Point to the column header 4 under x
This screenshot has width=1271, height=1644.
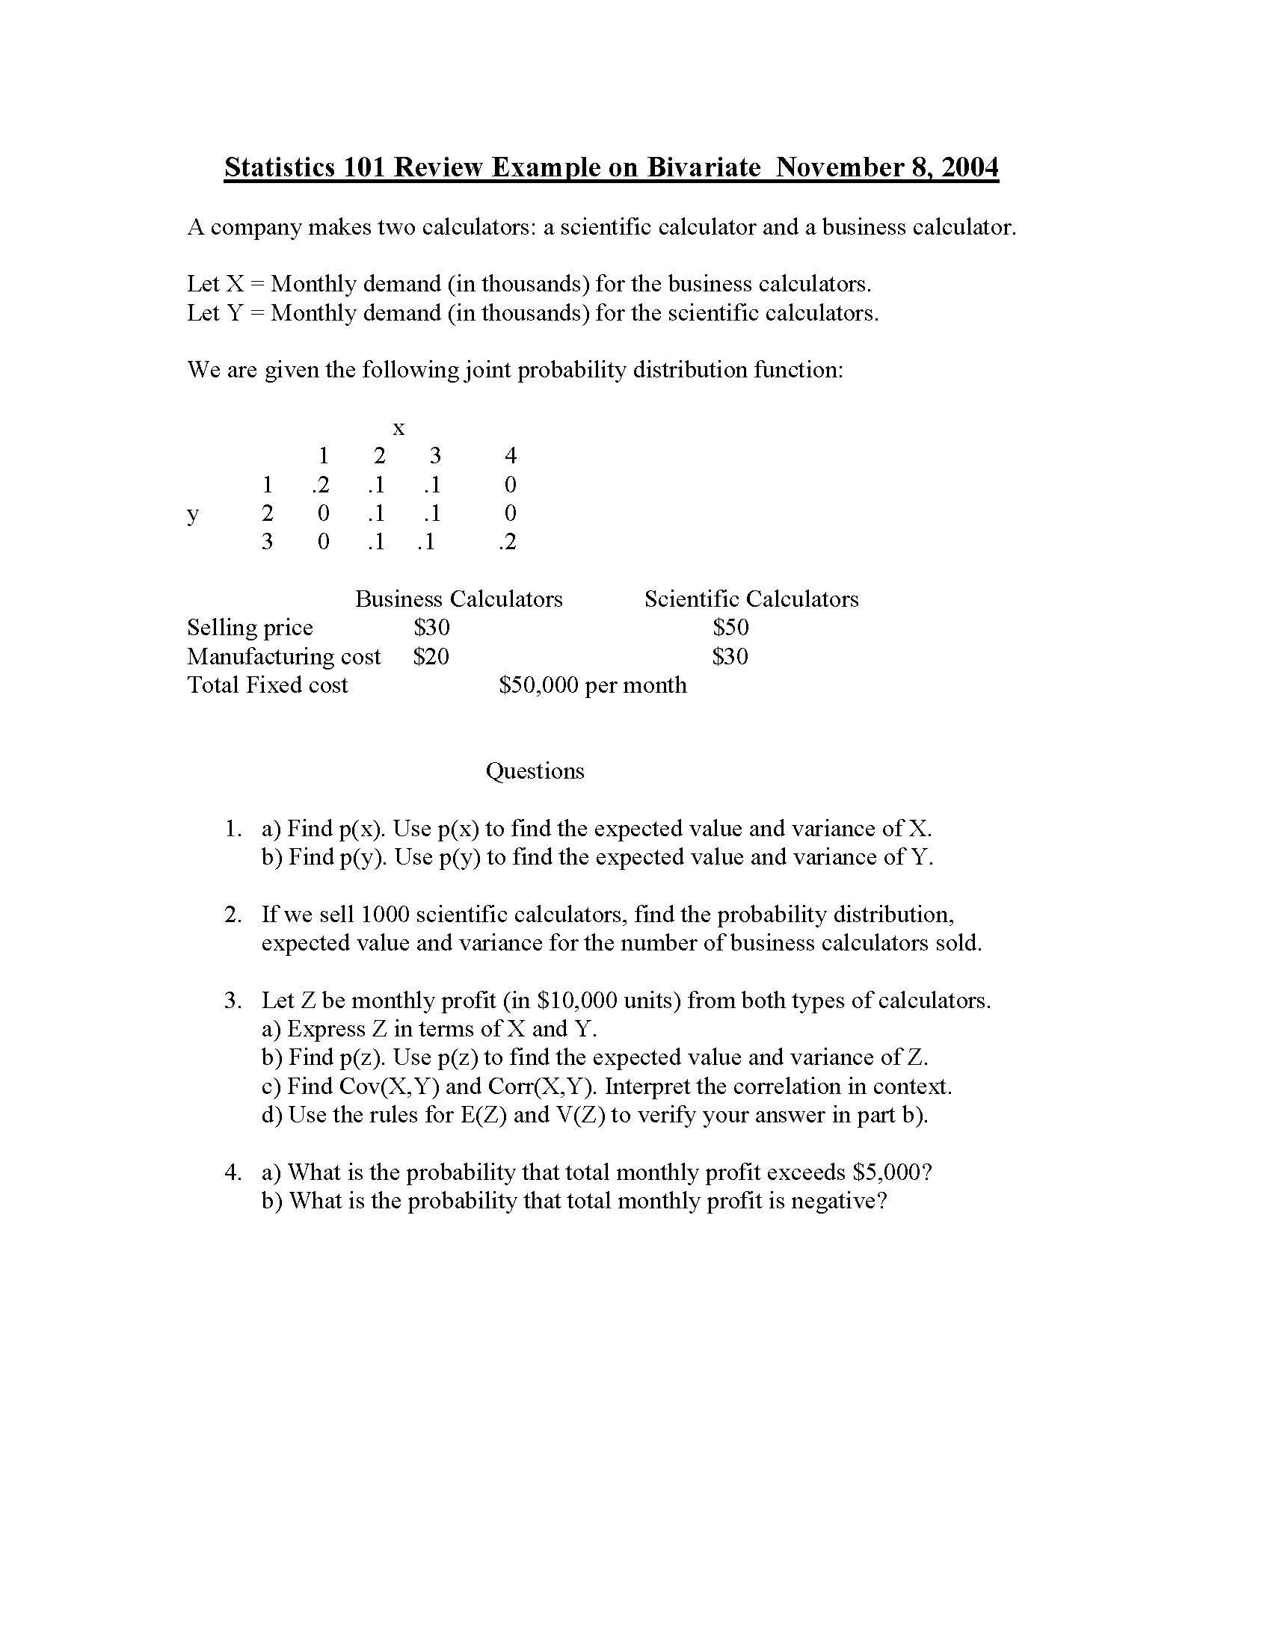click(x=511, y=455)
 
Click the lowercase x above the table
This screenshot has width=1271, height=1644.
click(x=398, y=429)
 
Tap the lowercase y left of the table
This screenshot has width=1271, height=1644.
click(x=193, y=515)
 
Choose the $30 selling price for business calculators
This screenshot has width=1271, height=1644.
click(x=431, y=627)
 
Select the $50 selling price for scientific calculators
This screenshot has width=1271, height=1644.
click(x=730, y=627)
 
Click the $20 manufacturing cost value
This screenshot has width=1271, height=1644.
click(x=431, y=656)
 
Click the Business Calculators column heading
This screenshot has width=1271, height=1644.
click(x=458, y=599)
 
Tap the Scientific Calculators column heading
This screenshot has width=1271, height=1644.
click(x=751, y=599)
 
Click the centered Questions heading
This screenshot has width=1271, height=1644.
click(x=535, y=771)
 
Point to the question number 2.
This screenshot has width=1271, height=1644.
click(x=233, y=915)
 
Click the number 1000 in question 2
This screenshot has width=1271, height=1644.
click(x=385, y=915)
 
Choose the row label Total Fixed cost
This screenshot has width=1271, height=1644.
click(x=268, y=685)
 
